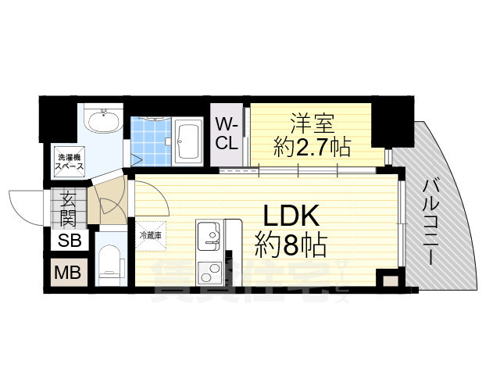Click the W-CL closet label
tap(227, 134)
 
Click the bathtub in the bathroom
tap(188, 141)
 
